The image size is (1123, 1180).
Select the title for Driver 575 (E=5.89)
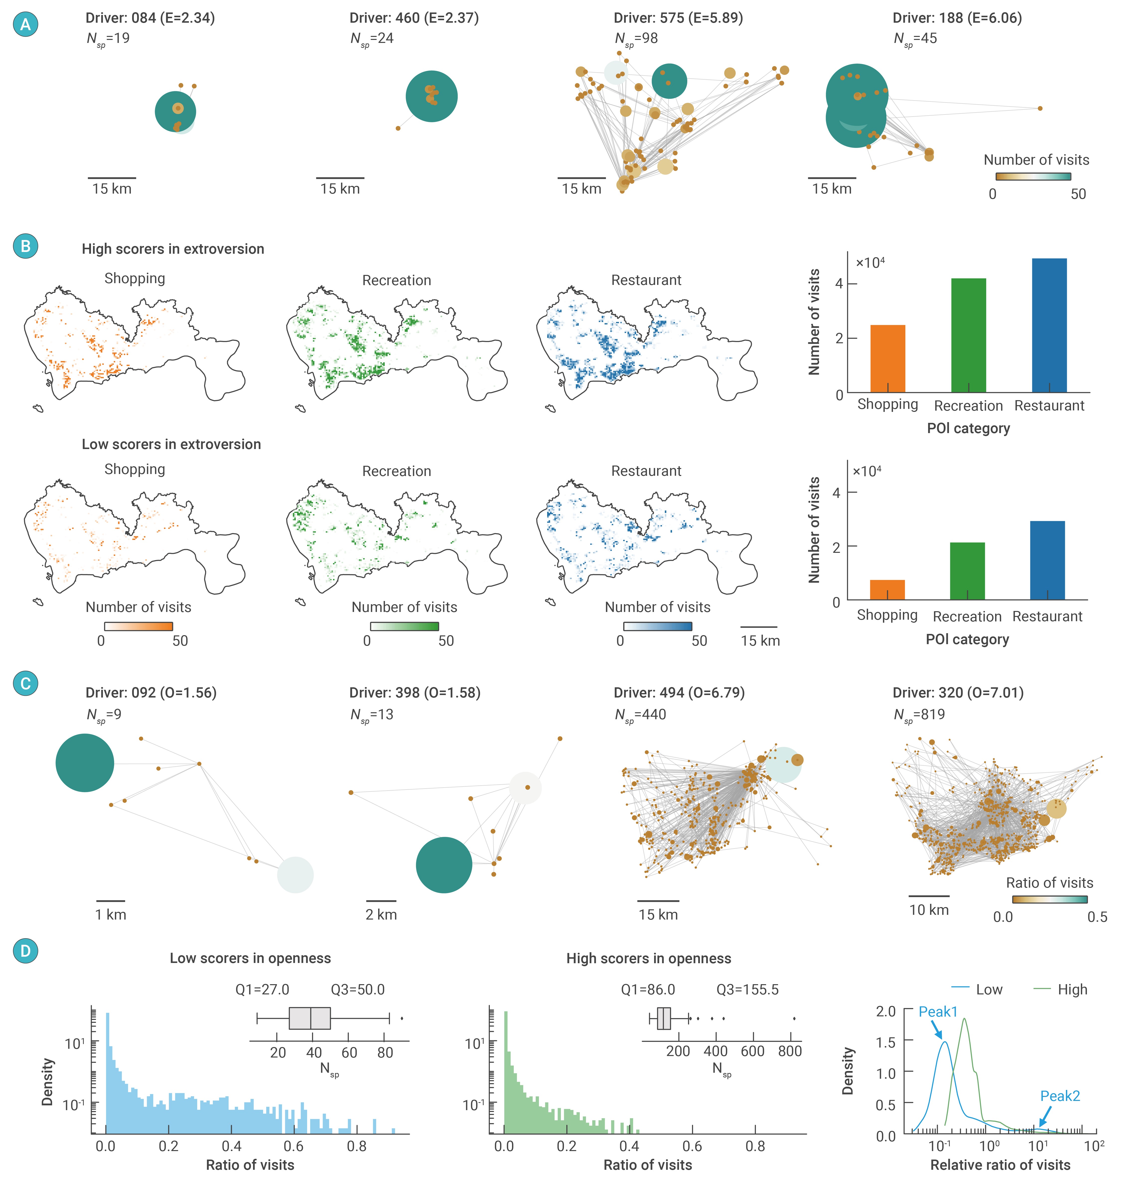[x=678, y=18]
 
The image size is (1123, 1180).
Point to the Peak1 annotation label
[x=938, y=1012]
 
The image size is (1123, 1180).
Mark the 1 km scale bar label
[x=111, y=915]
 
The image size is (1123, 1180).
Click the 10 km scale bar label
[x=929, y=910]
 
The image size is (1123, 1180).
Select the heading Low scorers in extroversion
[x=171, y=444]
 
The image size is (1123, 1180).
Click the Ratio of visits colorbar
[x=1049, y=899]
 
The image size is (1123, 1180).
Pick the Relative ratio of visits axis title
[x=1000, y=1165]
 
